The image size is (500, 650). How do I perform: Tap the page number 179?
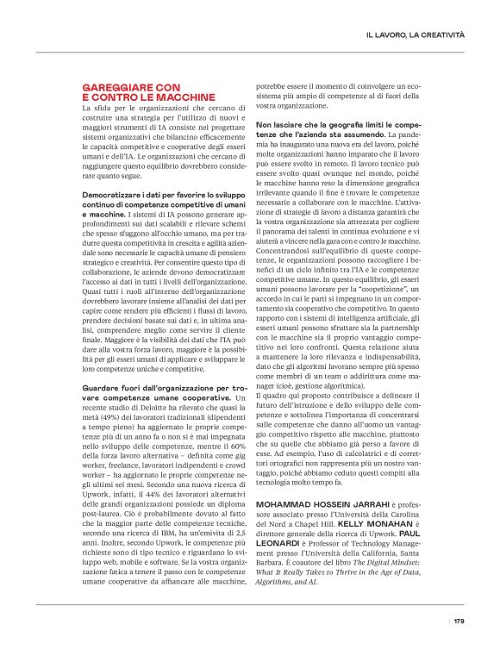(459, 620)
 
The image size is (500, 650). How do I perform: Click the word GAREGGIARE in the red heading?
(119, 88)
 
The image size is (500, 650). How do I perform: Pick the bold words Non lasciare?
(278, 125)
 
